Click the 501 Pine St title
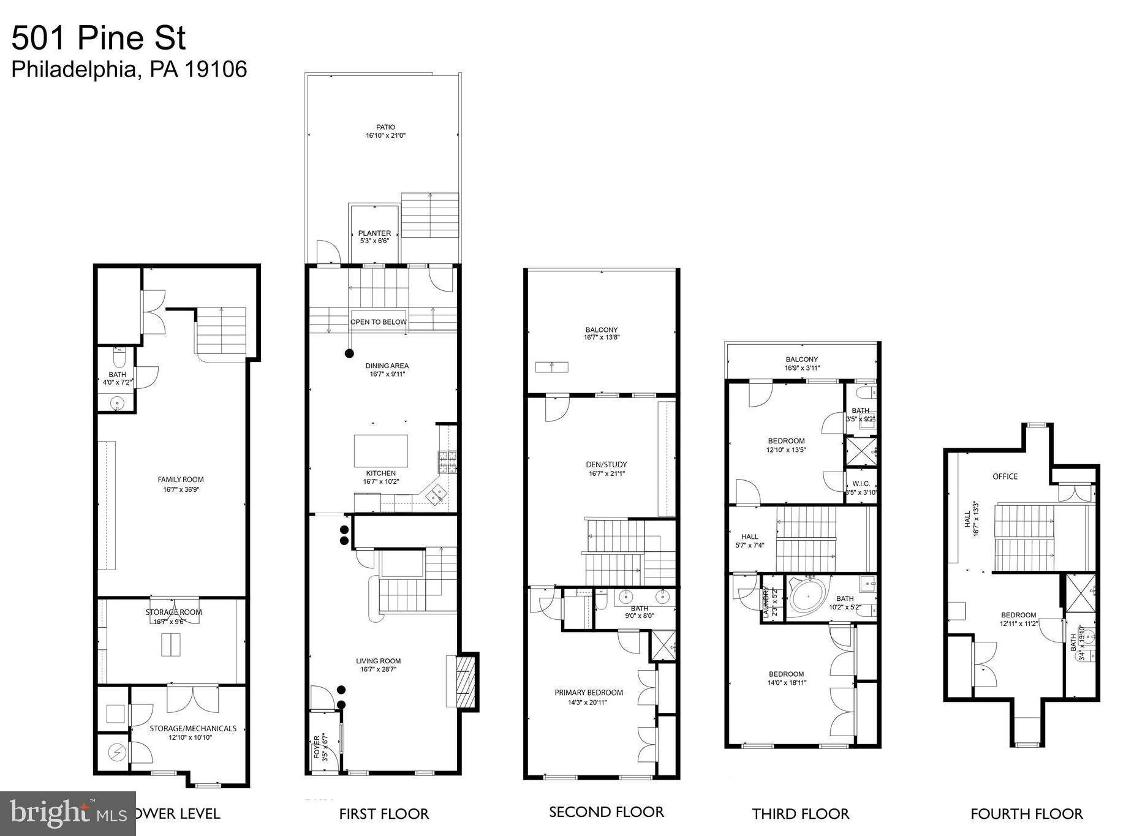pos(98,38)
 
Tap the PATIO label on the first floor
pos(386,127)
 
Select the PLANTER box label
pos(374,233)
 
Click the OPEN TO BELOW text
pos(378,322)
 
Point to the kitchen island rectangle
pos(380,451)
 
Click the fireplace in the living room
pos(464,681)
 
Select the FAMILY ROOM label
pos(181,480)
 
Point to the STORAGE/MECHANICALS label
pos(193,728)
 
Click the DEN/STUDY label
pos(606,464)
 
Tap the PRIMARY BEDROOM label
pos(589,693)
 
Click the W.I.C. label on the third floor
pos(861,483)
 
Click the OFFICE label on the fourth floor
pos(1005,476)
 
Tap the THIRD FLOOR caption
pos(800,814)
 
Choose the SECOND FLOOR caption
pos(606,812)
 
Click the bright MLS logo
pos(67,813)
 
